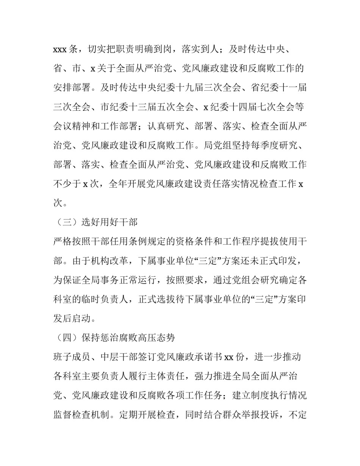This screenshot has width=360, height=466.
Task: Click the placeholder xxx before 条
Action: coord(60,49)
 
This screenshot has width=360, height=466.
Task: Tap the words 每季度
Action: coord(264,145)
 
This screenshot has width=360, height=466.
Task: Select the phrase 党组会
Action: coord(236,279)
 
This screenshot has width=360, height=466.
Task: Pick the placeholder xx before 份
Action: coord(229,357)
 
